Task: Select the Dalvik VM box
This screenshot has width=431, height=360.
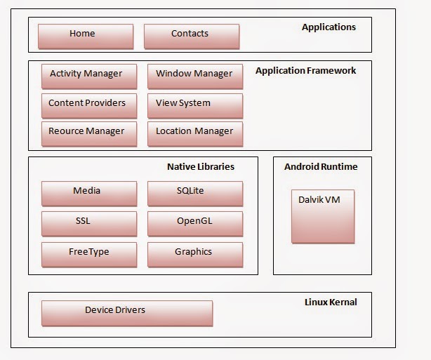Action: click(x=323, y=215)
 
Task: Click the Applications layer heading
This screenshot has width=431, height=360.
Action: click(x=329, y=27)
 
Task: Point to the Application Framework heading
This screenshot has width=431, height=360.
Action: click(x=305, y=71)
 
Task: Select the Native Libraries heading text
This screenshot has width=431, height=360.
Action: click(x=200, y=167)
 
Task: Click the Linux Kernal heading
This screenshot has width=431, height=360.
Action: click(x=330, y=302)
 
